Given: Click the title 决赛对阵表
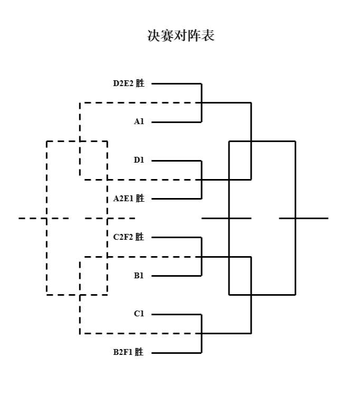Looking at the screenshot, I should (181, 36).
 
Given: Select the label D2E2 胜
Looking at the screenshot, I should (128, 83).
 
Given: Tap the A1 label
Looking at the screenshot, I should (139, 122).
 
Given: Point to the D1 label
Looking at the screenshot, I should (139, 160).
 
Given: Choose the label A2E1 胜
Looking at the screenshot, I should (128, 199).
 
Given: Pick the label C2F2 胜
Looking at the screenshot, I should (128, 237).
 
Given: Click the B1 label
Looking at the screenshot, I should (139, 276).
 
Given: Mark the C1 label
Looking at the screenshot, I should (139, 314).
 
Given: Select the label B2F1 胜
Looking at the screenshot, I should (128, 352).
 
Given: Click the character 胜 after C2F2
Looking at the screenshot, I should (139, 237).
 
